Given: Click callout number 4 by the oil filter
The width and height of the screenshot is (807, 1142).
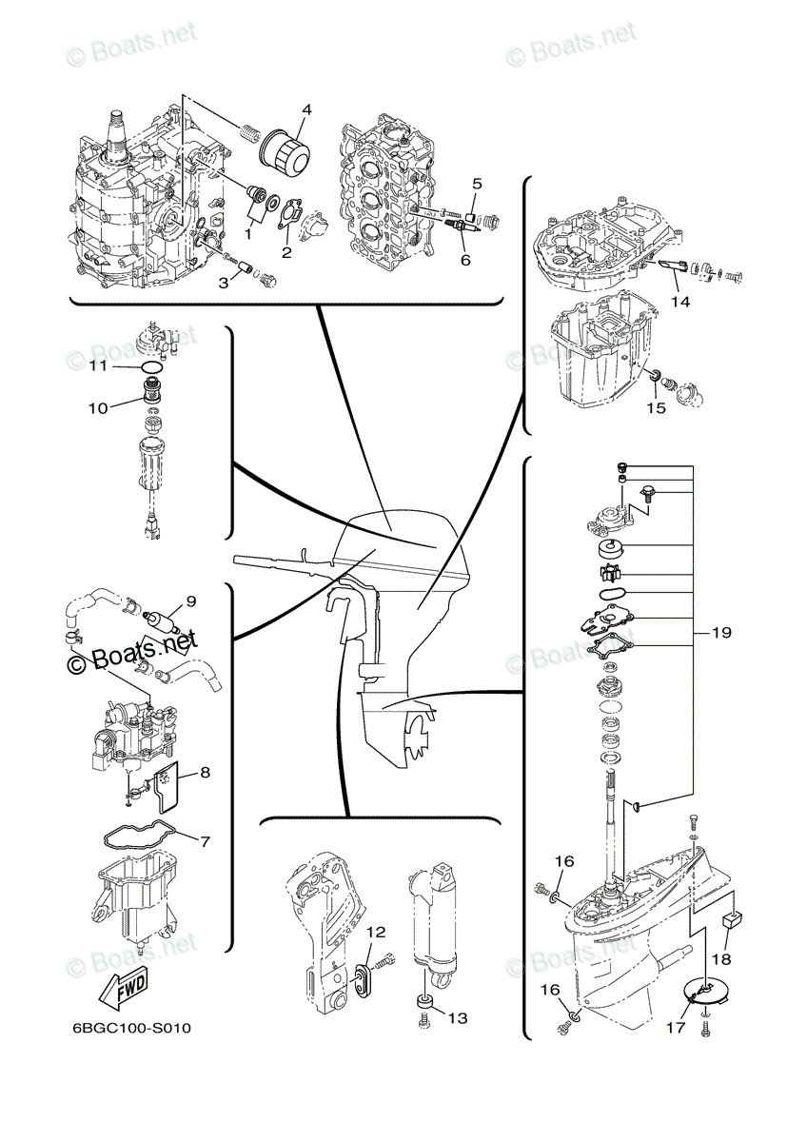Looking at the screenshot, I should tap(305, 109).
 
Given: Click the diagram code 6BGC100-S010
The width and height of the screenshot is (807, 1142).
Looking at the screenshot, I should tap(135, 1029).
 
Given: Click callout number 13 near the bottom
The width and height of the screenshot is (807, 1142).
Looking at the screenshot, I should tap(458, 1017).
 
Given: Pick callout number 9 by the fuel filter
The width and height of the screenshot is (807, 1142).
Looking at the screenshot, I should tap(190, 601).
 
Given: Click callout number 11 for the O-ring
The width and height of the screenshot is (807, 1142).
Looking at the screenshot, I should tap(99, 365).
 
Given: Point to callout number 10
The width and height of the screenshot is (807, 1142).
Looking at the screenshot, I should tap(99, 408).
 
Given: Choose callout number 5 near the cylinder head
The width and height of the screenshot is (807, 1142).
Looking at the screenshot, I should tap(477, 182).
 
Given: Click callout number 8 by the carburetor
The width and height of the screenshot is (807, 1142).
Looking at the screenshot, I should tap(204, 773).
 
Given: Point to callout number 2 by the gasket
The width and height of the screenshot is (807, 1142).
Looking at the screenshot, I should tap(286, 251).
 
